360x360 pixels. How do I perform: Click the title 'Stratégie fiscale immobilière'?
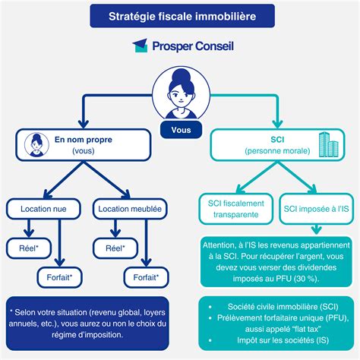tap(182, 17)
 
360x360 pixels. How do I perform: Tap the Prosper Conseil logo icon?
tap(141, 46)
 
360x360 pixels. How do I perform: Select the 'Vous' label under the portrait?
tap(181, 130)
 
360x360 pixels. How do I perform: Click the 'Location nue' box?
tap(43, 209)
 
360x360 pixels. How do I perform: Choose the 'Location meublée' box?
tap(130, 209)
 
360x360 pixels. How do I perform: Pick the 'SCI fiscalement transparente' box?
tap(236, 209)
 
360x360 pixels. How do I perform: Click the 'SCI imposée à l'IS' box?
tap(316, 209)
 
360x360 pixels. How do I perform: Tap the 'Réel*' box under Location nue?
tap(29, 248)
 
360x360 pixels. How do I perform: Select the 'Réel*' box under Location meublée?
tap(115, 248)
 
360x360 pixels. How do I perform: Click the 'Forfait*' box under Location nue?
tap(60, 277)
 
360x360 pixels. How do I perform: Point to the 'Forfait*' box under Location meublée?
tap(146, 277)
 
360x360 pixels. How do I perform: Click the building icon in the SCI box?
tap(329, 144)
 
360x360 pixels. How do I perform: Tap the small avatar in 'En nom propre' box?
tap(36, 145)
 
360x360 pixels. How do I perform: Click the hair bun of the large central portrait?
tap(182, 74)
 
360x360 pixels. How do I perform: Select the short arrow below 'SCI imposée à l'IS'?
tap(316, 229)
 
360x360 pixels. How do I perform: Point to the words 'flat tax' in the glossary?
tap(307, 329)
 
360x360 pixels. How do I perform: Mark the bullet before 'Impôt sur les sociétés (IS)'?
tap(210, 340)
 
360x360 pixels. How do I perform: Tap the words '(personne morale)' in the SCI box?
tap(277, 151)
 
